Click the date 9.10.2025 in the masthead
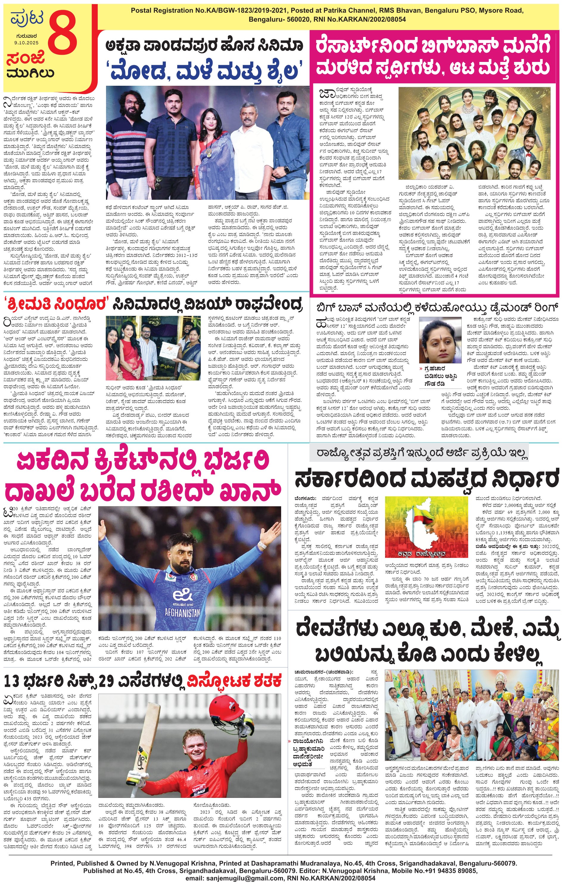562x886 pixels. tap(26, 43)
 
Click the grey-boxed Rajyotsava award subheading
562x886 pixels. tap(418, 452)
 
